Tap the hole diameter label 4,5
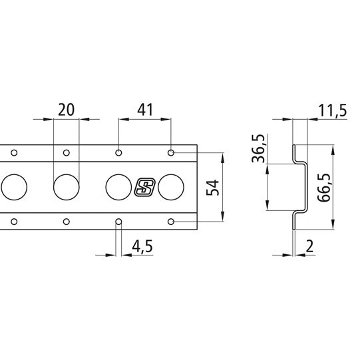142,246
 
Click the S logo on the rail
144,187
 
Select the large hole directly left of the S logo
118,187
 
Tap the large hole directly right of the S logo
171,187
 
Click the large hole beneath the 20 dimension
65,187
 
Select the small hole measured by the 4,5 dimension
118,221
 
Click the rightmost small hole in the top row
171,153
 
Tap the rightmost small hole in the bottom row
171,221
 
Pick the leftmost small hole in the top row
13,153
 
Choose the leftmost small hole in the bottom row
13,221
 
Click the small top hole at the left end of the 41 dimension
118,153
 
